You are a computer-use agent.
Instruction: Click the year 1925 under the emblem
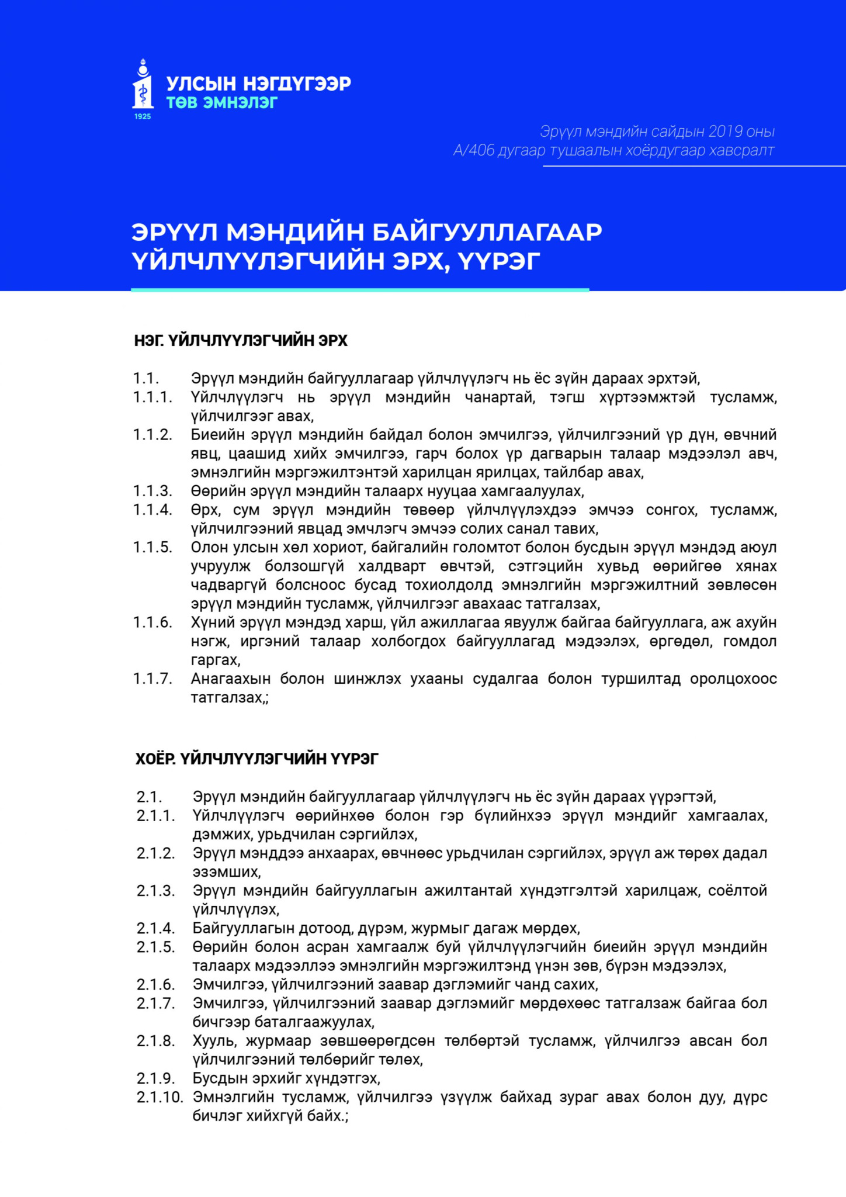[x=143, y=117]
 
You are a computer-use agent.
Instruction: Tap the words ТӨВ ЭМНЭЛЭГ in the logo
[x=222, y=103]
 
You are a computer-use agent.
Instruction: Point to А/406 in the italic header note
[x=474, y=151]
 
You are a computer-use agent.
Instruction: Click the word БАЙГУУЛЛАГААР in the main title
[x=487, y=232]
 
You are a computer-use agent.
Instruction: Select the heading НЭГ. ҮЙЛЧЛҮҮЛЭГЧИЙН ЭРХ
[x=241, y=341]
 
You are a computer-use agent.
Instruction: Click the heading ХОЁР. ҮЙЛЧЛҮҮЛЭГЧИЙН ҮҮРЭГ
[x=257, y=759]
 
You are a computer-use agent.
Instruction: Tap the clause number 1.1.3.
[x=152, y=491]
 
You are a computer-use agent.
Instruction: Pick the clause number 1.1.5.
[x=152, y=548]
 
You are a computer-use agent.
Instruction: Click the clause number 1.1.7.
[x=152, y=679]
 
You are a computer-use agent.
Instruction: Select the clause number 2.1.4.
[x=155, y=928]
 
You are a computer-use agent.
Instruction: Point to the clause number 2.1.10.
[x=160, y=1097]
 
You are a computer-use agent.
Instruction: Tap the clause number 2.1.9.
[x=155, y=1078]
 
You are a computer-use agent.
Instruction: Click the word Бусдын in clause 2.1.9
[x=220, y=1078]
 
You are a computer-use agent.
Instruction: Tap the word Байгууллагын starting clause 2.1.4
[x=245, y=928]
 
